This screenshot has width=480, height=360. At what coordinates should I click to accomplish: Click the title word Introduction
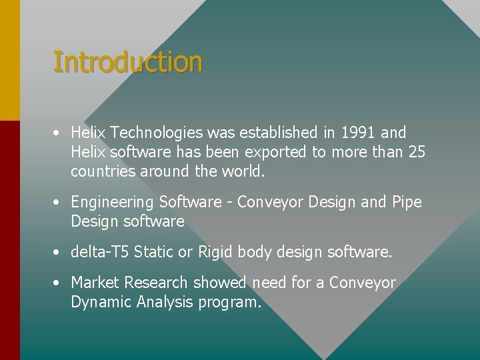click(x=127, y=62)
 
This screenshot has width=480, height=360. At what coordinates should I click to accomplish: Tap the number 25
click(x=416, y=152)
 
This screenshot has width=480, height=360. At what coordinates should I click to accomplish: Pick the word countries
click(x=102, y=171)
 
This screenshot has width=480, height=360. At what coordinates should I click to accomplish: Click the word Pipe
click(x=407, y=202)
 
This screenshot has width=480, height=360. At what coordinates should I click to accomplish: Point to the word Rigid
click(x=215, y=252)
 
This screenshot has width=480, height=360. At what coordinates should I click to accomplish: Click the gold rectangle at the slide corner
click(x=9, y=60)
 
